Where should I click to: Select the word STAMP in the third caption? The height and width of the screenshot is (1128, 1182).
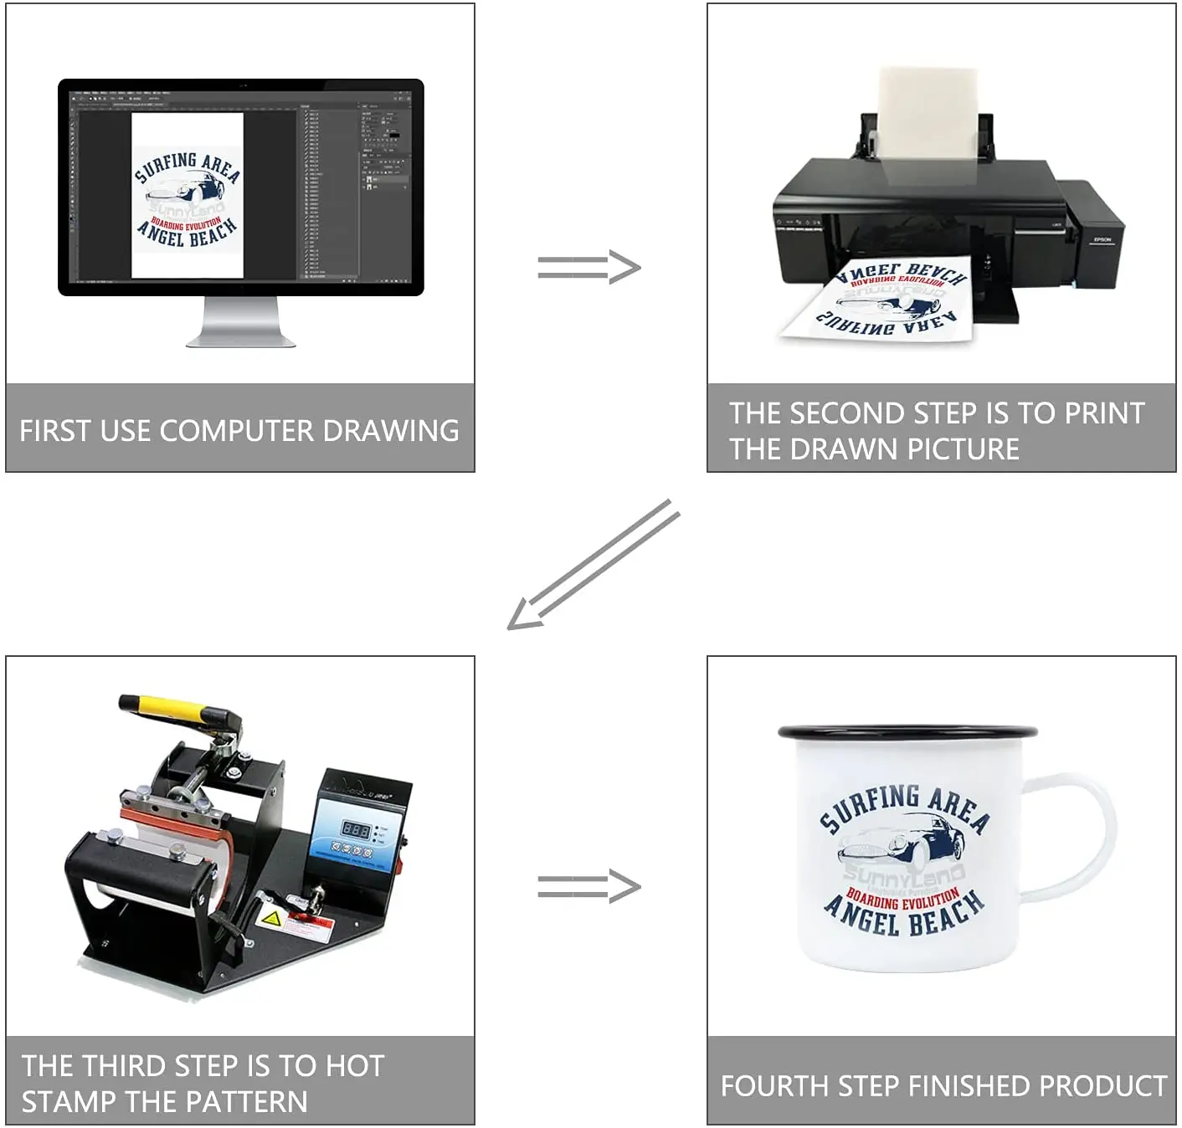pyautogui.click(x=69, y=1101)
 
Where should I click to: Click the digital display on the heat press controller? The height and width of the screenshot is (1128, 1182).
pyautogui.click(x=356, y=830)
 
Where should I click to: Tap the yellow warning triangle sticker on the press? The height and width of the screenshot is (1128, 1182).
pyautogui.click(x=271, y=919)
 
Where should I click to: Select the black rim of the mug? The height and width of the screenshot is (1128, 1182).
pyautogui.click(x=907, y=732)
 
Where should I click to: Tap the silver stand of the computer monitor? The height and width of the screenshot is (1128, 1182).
pyautogui.click(x=241, y=323)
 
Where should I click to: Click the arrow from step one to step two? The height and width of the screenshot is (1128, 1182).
pyautogui.click(x=589, y=268)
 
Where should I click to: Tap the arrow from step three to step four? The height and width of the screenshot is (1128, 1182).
pyautogui.click(x=589, y=886)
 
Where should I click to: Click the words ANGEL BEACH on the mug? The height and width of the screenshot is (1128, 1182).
pyautogui.click(x=904, y=917)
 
